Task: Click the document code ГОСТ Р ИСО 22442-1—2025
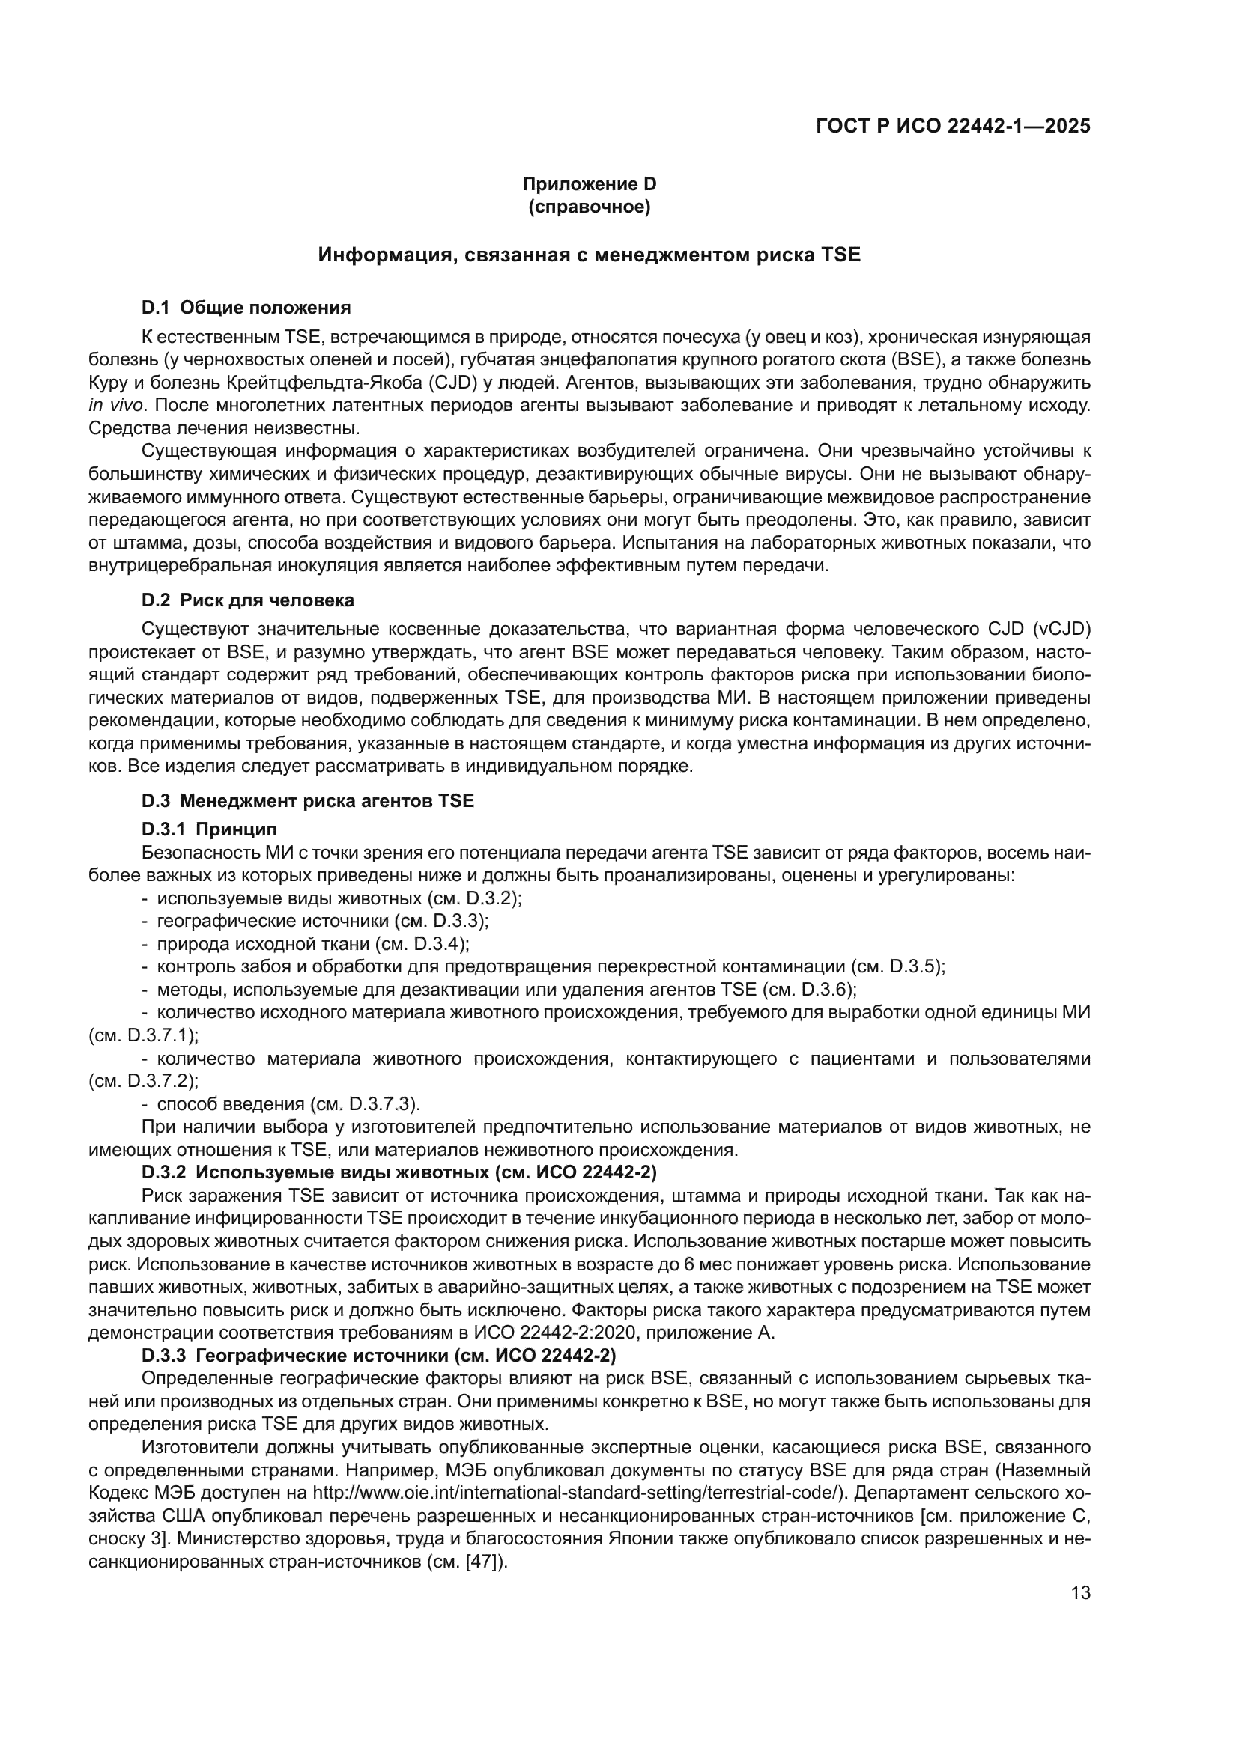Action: pos(953,127)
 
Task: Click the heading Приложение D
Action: pos(589,184)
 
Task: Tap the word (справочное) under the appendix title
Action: pos(589,207)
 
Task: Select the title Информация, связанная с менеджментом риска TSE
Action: pos(589,255)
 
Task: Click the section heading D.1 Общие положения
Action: pos(246,308)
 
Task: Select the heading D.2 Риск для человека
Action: pos(247,600)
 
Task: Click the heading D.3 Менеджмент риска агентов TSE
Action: pos(307,801)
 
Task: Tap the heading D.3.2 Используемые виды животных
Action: pos(399,1172)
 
